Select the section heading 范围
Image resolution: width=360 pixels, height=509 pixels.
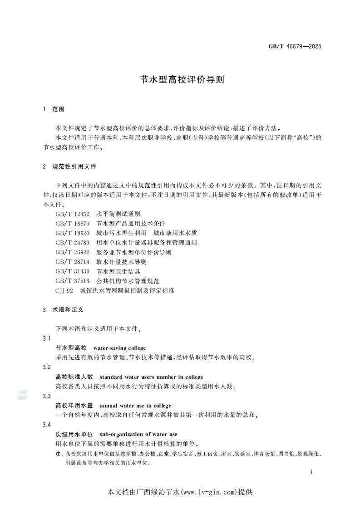(59, 109)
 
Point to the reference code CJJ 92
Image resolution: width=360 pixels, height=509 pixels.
(64, 290)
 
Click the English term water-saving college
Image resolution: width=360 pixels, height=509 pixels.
(119, 348)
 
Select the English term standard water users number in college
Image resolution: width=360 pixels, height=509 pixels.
(151, 377)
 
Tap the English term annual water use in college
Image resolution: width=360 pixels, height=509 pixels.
(135, 406)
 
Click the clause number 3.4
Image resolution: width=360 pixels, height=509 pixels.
(46, 425)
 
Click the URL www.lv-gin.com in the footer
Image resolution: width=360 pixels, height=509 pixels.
(210, 492)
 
